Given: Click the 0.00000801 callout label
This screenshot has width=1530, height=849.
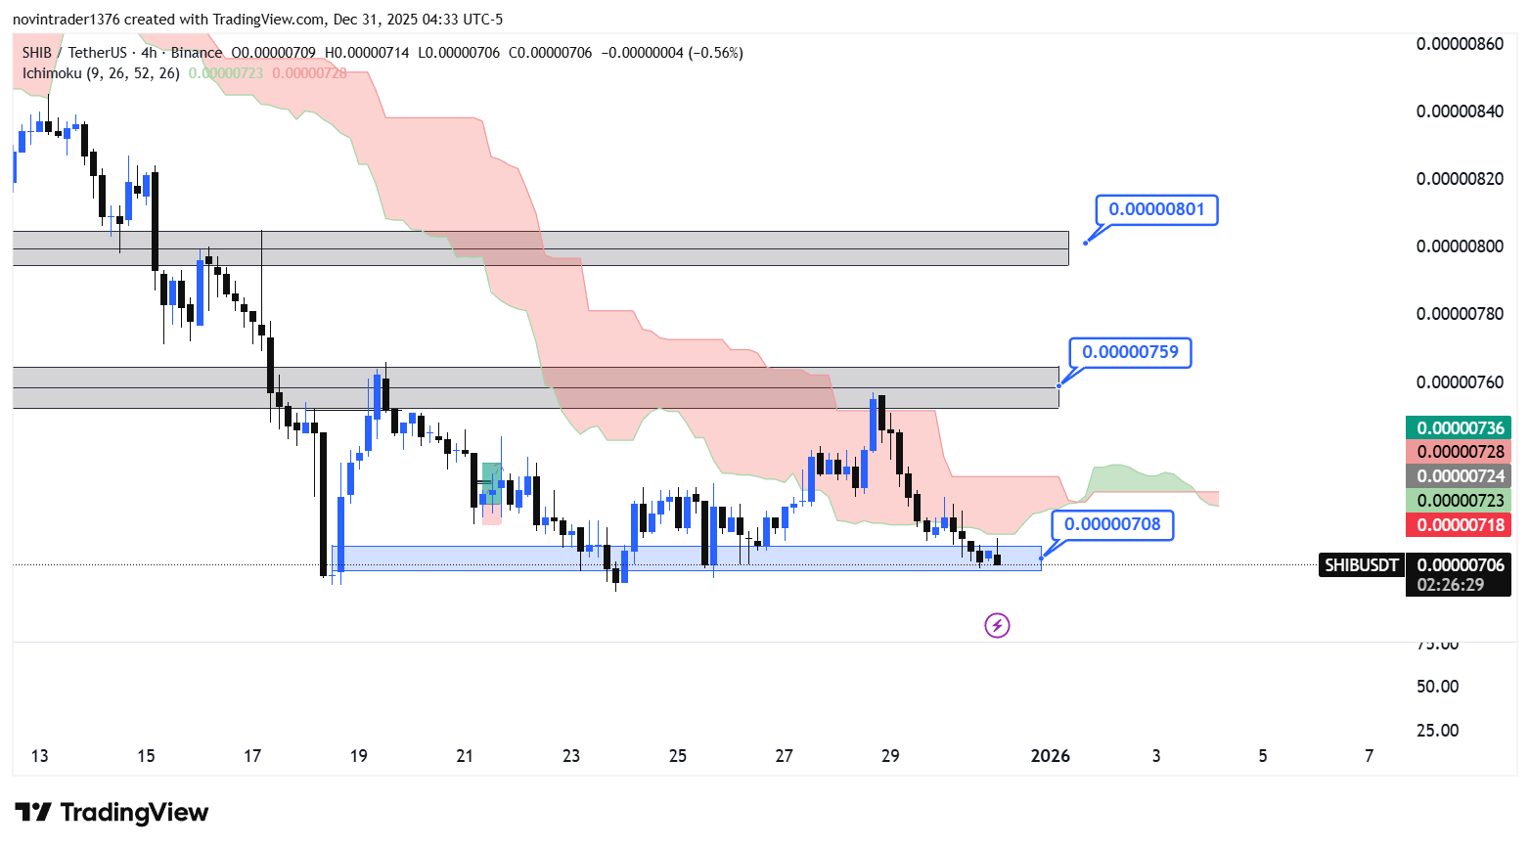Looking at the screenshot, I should pyautogui.click(x=1156, y=209).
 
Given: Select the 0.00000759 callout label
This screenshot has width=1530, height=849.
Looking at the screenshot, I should pyautogui.click(x=1130, y=352).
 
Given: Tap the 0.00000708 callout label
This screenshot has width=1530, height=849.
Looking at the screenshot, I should pyautogui.click(x=1112, y=524).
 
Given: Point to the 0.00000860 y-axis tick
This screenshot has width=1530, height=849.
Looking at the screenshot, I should pyautogui.click(x=1460, y=44).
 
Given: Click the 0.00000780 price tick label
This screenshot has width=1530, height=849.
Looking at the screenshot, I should pyautogui.click(x=1460, y=314).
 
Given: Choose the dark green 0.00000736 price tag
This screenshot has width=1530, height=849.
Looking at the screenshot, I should pyautogui.click(x=1460, y=427).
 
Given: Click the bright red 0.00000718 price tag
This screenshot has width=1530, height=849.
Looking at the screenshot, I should pyautogui.click(x=1460, y=524).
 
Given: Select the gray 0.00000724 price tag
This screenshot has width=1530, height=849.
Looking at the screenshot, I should pyautogui.click(x=1460, y=476).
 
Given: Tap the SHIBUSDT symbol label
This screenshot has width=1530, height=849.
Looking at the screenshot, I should pyautogui.click(x=1361, y=564).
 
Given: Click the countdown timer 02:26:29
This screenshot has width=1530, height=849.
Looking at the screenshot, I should pyautogui.click(x=1450, y=585).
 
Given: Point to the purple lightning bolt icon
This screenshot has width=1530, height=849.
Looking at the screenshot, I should pyautogui.click(x=997, y=625).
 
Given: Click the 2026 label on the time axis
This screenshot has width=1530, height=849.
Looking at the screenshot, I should pyautogui.click(x=1051, y=755).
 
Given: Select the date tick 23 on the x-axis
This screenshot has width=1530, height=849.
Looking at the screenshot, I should pyautogui.click(x=571, y=755).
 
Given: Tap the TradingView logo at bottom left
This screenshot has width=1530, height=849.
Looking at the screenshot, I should pyautogui.click(x=112, y=813).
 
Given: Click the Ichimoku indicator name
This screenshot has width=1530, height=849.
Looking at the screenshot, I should pyautogui.click(x=52, y=73).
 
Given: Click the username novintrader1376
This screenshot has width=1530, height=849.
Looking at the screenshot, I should pyautogui.click(x=66, y=20).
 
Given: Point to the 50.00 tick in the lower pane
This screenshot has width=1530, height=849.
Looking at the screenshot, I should pyautogui.click(x=1437, y=687).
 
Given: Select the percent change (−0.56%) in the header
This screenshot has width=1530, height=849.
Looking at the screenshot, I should pyautogui.click(x=715, y=53).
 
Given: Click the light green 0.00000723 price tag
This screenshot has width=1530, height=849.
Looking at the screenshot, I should pyautogui.click(x=1460, y=501).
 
